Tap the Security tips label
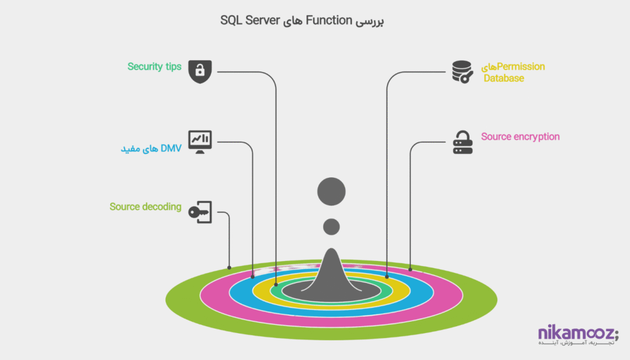click(x=154, y=66)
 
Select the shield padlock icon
click(x=199, y=71)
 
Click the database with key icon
click(x=462, y=71)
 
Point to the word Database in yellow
click(x=503, y=78)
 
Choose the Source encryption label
click(x=520, y=137)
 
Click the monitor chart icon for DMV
click(x=200, y=142)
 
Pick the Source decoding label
click(x=145, y=207)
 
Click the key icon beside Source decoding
click(x=200, y=212)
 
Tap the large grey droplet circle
click(x=331, y=191)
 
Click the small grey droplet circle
click(x=332, y=226)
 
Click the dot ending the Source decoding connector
click(x=229, y=268)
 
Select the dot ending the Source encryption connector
click(x=410, y=269)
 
